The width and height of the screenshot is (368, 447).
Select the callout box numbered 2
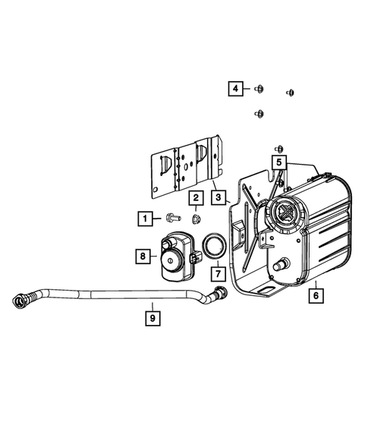click(196, 199)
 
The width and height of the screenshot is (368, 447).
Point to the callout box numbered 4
click(237, 90)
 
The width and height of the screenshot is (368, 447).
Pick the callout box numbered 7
click(217, 271)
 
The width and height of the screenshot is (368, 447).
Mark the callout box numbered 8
click(143, 257)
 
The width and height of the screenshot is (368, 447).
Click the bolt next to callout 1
click(170, 219)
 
